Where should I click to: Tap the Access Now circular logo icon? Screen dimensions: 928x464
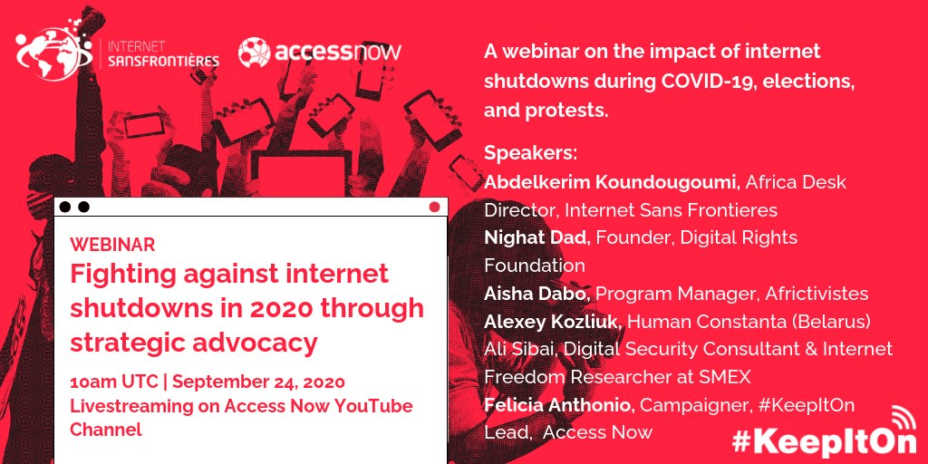(255, 53)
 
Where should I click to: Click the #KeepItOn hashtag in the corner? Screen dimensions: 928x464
(823, 441)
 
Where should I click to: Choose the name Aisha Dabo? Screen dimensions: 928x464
(537, 294)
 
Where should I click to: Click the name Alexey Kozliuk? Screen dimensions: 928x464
(553, 322)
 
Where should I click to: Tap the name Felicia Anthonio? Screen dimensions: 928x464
(560, 405)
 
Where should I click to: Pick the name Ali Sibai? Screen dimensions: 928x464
(520, 349)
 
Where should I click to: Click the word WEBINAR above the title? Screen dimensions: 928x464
(112, 245)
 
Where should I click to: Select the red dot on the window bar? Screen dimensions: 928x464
(434, 207)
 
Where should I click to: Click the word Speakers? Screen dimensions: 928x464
(530, 153)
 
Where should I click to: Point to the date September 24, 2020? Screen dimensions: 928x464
(258, 382)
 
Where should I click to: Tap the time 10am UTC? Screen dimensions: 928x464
(113, 382)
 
